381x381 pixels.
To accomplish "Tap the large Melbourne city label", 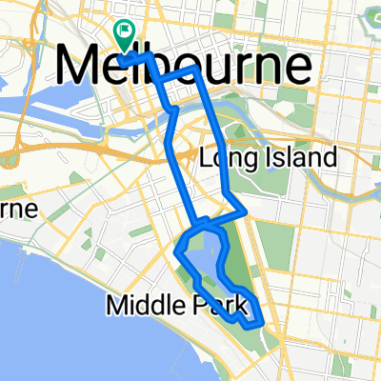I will [185, 67].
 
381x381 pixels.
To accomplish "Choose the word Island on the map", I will [301, 156].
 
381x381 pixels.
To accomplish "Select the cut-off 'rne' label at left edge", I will [17, 208].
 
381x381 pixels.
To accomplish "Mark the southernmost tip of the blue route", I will [251, 327].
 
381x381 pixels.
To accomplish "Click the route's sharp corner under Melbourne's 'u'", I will [195, 70].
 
